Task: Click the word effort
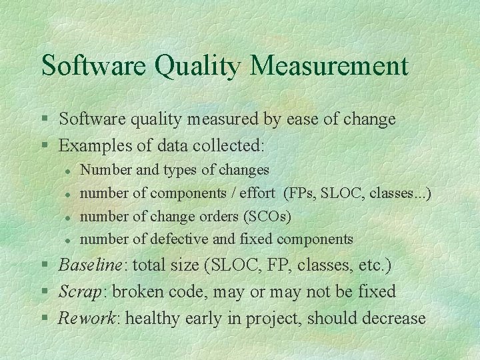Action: [x=252, y=193]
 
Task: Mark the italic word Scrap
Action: [x=79, y=291]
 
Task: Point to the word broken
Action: [x=140, y=291]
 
